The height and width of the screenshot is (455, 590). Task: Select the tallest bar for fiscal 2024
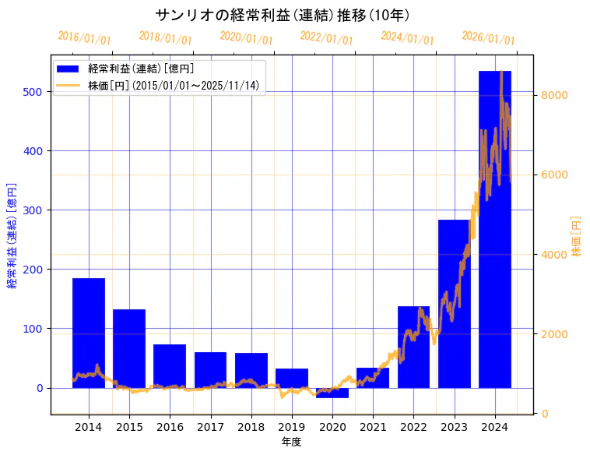[494, 234]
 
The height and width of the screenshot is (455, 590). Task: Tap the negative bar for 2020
[332, 393]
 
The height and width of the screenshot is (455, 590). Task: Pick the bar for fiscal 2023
[454, 304]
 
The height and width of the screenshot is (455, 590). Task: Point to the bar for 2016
[170, 366]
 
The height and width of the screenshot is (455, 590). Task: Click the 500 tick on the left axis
[37, 92]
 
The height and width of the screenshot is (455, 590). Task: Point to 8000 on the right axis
[557, 95]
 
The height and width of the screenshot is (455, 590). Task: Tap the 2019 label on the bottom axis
[292, 427]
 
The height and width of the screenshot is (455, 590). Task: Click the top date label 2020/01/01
[246, 37]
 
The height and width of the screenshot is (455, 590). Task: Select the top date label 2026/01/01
[488, 38]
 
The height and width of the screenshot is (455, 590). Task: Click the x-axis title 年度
[292, 442]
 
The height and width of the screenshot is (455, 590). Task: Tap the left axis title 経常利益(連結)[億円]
[12, 236]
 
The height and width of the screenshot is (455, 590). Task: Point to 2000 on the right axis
[557, 334]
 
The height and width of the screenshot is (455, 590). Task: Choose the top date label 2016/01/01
[84, 37]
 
